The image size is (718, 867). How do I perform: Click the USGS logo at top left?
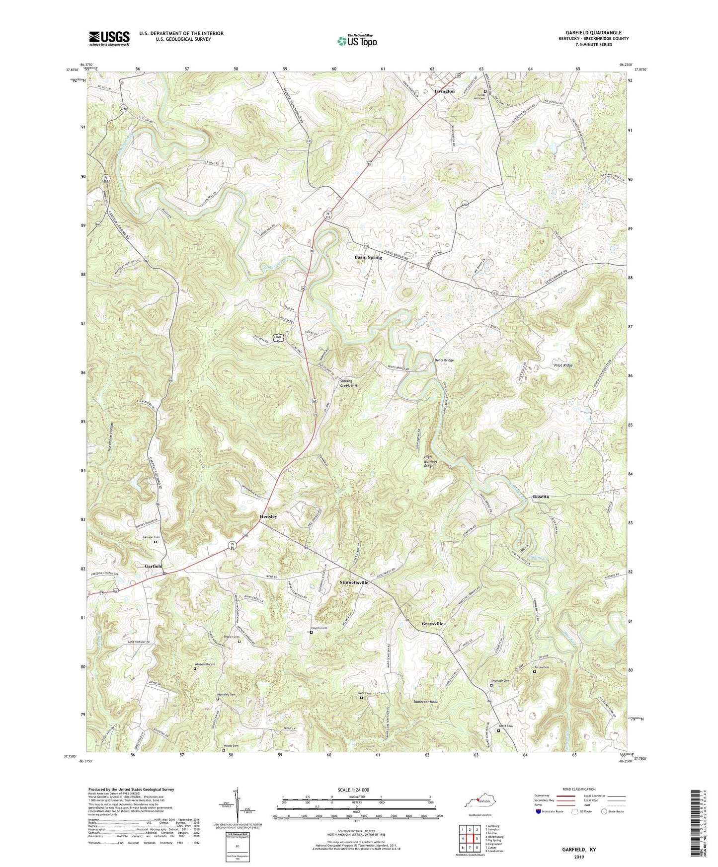[x=109, y=38]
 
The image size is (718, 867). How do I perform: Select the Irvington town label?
[x=444, y=91]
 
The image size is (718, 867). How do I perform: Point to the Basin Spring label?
[x=368, y=257]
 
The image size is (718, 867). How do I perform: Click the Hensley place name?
[x=268, y=516]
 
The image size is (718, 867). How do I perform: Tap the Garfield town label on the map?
[x=154, y=566]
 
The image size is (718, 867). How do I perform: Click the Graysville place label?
[x=432, y=623]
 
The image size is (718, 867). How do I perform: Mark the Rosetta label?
[x=541, y=497]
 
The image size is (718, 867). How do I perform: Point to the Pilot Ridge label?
[x=563, y=365]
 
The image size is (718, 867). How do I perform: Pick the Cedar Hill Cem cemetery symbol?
[x=485, y=91]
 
